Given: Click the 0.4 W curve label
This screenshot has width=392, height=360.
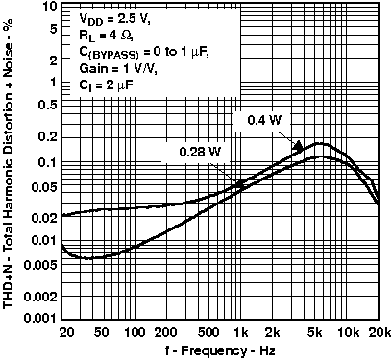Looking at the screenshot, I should (257, 122).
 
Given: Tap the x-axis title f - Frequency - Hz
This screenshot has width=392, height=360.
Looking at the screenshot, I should (221, 348).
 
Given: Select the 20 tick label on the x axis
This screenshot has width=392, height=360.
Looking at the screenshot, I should (64, 331).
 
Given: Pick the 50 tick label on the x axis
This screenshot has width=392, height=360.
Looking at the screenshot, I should (107, 331).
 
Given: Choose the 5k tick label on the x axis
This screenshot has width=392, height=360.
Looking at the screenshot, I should (315, 331).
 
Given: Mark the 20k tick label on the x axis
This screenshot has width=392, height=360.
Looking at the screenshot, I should (379, 331).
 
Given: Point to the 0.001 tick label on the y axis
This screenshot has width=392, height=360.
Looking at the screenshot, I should (37, 318).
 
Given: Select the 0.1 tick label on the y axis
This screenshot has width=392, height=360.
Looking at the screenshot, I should (43, 162).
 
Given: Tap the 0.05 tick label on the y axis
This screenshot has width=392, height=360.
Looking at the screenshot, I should (40, 185).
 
